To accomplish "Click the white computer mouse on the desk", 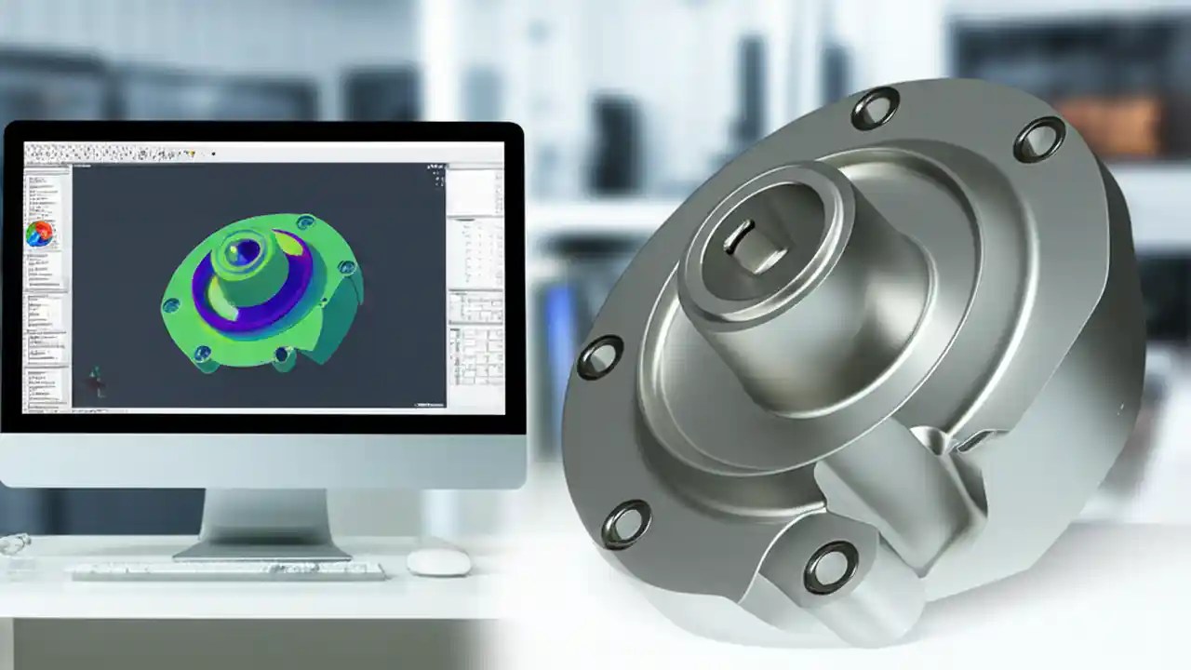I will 438,561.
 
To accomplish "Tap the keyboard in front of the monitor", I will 228,569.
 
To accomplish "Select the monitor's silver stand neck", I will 265,516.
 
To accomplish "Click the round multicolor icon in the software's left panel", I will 39,234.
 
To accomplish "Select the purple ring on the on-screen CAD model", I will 279,298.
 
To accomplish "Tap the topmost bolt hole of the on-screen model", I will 304,222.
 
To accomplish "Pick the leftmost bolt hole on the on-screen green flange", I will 171,305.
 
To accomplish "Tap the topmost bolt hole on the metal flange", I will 875,108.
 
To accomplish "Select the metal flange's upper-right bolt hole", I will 1038,140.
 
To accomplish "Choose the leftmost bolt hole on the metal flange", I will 599,357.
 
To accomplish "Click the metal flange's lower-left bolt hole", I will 625,524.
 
